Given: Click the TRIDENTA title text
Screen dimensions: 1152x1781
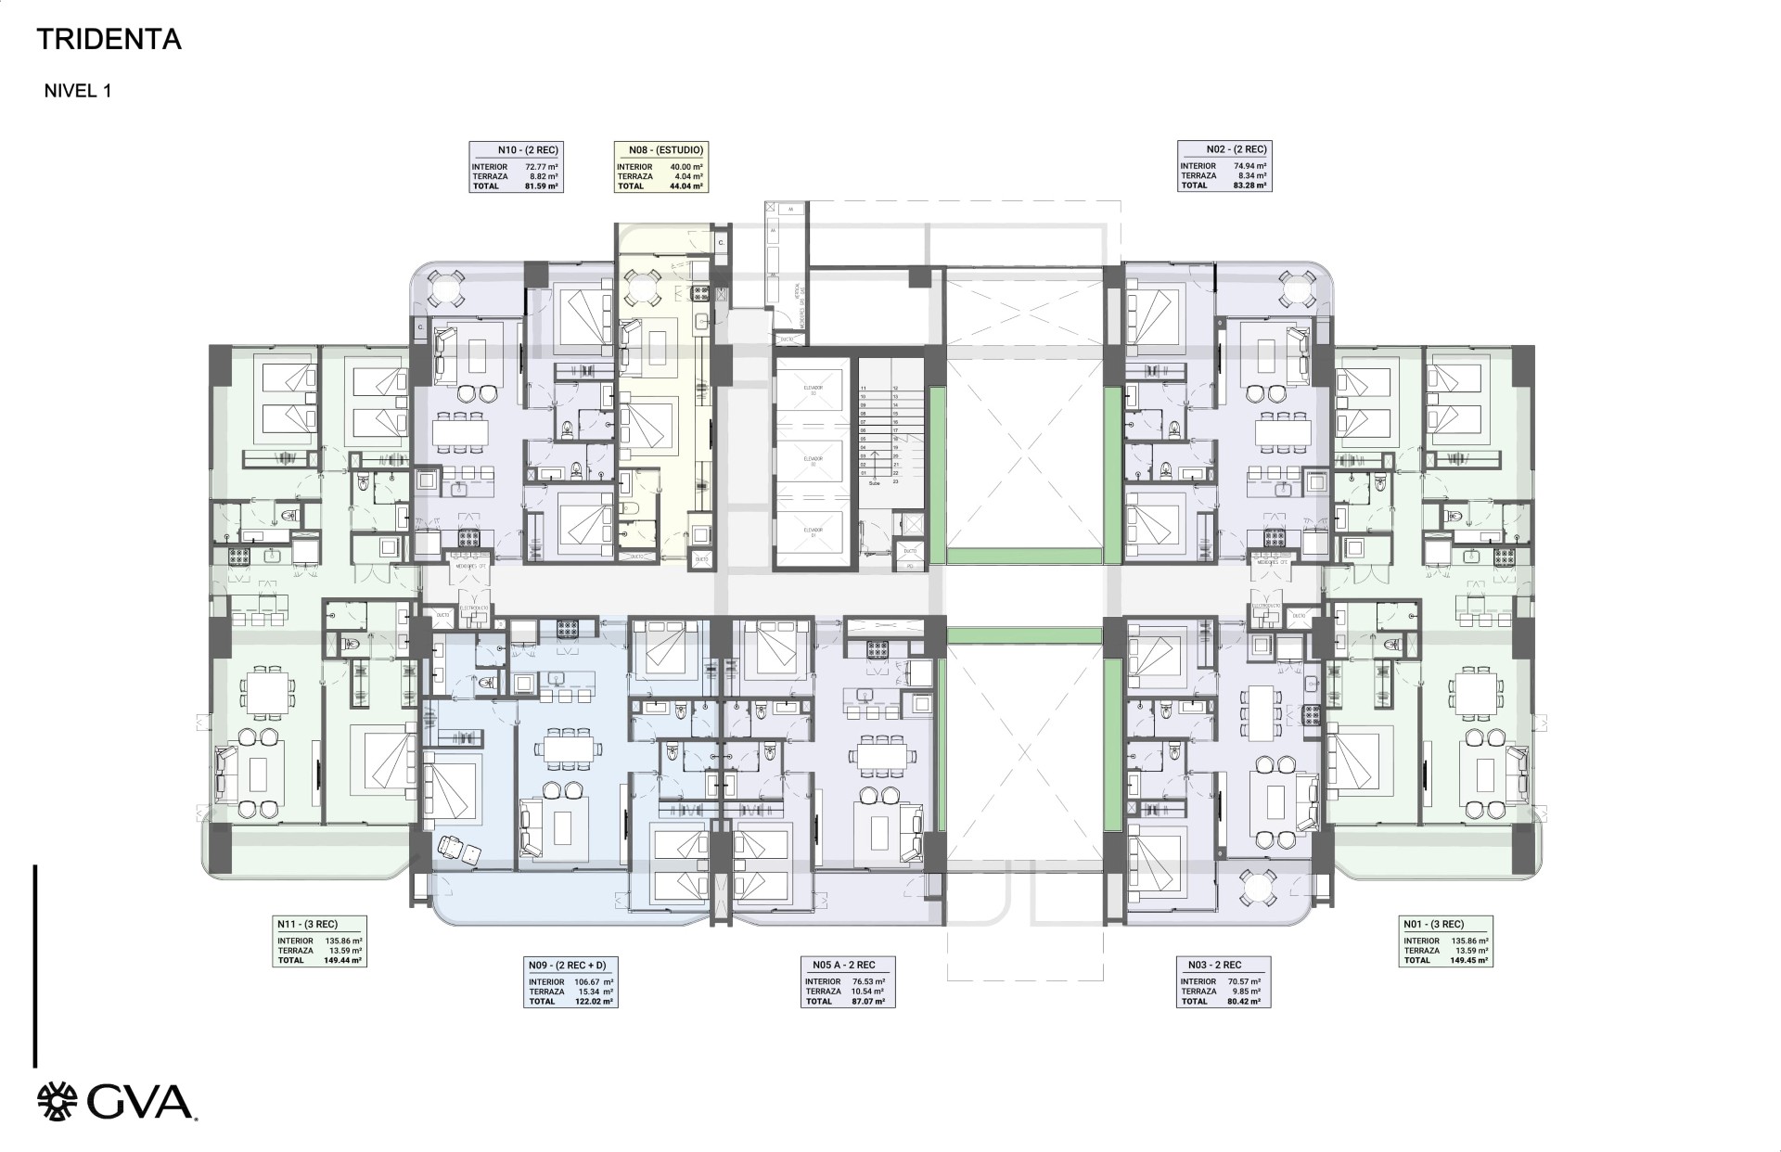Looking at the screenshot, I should click(x=109, y=40).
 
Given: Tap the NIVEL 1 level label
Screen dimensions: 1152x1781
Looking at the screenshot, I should click(x=78, y=91).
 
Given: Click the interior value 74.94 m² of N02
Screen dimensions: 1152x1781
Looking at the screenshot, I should click(x=1249, y=166).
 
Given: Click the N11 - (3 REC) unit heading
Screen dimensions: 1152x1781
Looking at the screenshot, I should click(x=306, y=924).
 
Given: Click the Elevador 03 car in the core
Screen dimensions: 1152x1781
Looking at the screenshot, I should click(x=814, y=390).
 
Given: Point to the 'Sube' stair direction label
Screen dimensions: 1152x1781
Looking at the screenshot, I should click(x=873, y=483).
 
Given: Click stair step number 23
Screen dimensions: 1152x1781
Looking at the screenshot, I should click(x=896, y=482).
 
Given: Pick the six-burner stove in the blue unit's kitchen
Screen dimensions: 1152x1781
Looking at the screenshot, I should click(x=568, y=628).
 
